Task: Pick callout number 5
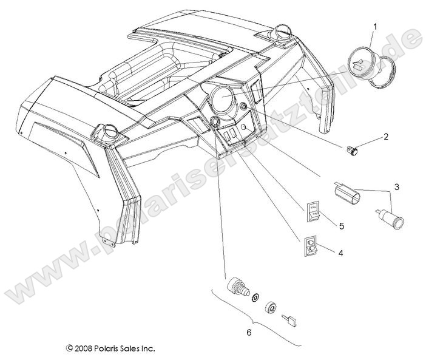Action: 342,226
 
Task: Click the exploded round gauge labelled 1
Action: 367,63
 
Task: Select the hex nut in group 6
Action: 271,307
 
